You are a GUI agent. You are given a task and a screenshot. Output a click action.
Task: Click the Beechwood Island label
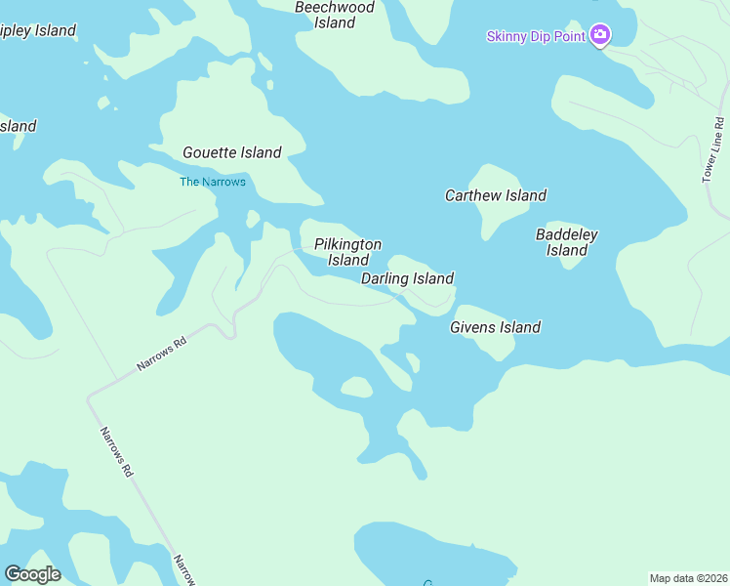(335, 15)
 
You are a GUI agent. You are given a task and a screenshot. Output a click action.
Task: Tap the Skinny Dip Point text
(536, 37)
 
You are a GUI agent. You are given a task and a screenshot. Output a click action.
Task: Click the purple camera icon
(600, 36)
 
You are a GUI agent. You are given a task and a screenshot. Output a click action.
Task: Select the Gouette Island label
(232, 152)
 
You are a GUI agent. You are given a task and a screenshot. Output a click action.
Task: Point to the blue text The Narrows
(213, 182)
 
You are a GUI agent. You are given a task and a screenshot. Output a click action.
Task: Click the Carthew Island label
(496, 195)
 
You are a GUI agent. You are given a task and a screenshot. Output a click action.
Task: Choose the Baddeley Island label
(567, 242)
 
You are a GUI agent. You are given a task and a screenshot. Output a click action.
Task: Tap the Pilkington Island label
(348, 252)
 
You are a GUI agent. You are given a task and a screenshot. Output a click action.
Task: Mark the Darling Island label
(407, 278)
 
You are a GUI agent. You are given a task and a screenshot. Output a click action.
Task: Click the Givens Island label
(495, 327)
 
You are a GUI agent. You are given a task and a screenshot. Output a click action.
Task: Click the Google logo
(32, 574)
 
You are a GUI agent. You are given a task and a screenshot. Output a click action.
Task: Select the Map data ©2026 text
(688, 577)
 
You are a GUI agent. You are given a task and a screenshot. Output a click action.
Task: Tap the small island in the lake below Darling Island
(356, 388)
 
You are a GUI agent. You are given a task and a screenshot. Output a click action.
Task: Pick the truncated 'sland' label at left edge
(18, 126)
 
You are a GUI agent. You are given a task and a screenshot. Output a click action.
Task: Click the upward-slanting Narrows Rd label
(161, 355)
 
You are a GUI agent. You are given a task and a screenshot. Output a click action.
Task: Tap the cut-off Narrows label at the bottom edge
(184, 569)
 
